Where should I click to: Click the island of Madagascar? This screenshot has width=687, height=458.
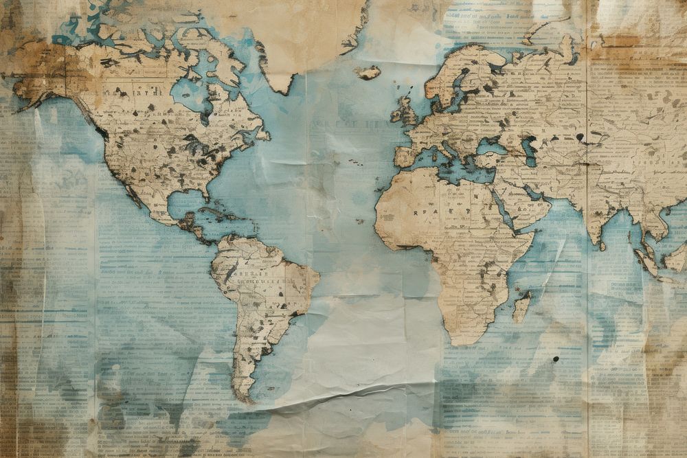521,307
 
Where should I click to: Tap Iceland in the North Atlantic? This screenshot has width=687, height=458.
368,71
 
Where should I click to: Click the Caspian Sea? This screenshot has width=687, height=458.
528,150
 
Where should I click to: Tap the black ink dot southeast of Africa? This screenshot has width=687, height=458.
555,358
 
